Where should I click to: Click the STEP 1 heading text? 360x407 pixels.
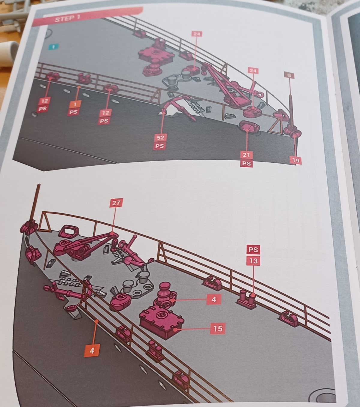[x=67, y=19]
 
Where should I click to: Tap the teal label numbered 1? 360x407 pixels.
[x=53, y=47]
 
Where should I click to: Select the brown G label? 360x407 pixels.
[x=289, y=75]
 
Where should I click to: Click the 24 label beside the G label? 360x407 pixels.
[x=253, y=71]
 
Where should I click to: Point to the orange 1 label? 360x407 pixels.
[x=75, y=104]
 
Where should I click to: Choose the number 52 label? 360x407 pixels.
[x=160, y=137]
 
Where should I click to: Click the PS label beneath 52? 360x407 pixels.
[x=160, y=146]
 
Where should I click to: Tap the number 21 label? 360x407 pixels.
[x=246, y=155]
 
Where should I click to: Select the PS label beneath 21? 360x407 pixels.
[x=246, y=163]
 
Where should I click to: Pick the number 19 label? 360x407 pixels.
[x=295, y=160]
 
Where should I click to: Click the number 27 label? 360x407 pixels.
[x=116, y=203]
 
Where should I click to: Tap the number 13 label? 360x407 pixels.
[x=253, y=261]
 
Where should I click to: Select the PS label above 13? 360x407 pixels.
[x=253, y=250]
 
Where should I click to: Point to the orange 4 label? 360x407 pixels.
[x=91, y=351]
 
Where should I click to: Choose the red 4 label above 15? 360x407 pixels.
[x=214, y=299]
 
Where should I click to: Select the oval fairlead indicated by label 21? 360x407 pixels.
[x=249, y=127]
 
